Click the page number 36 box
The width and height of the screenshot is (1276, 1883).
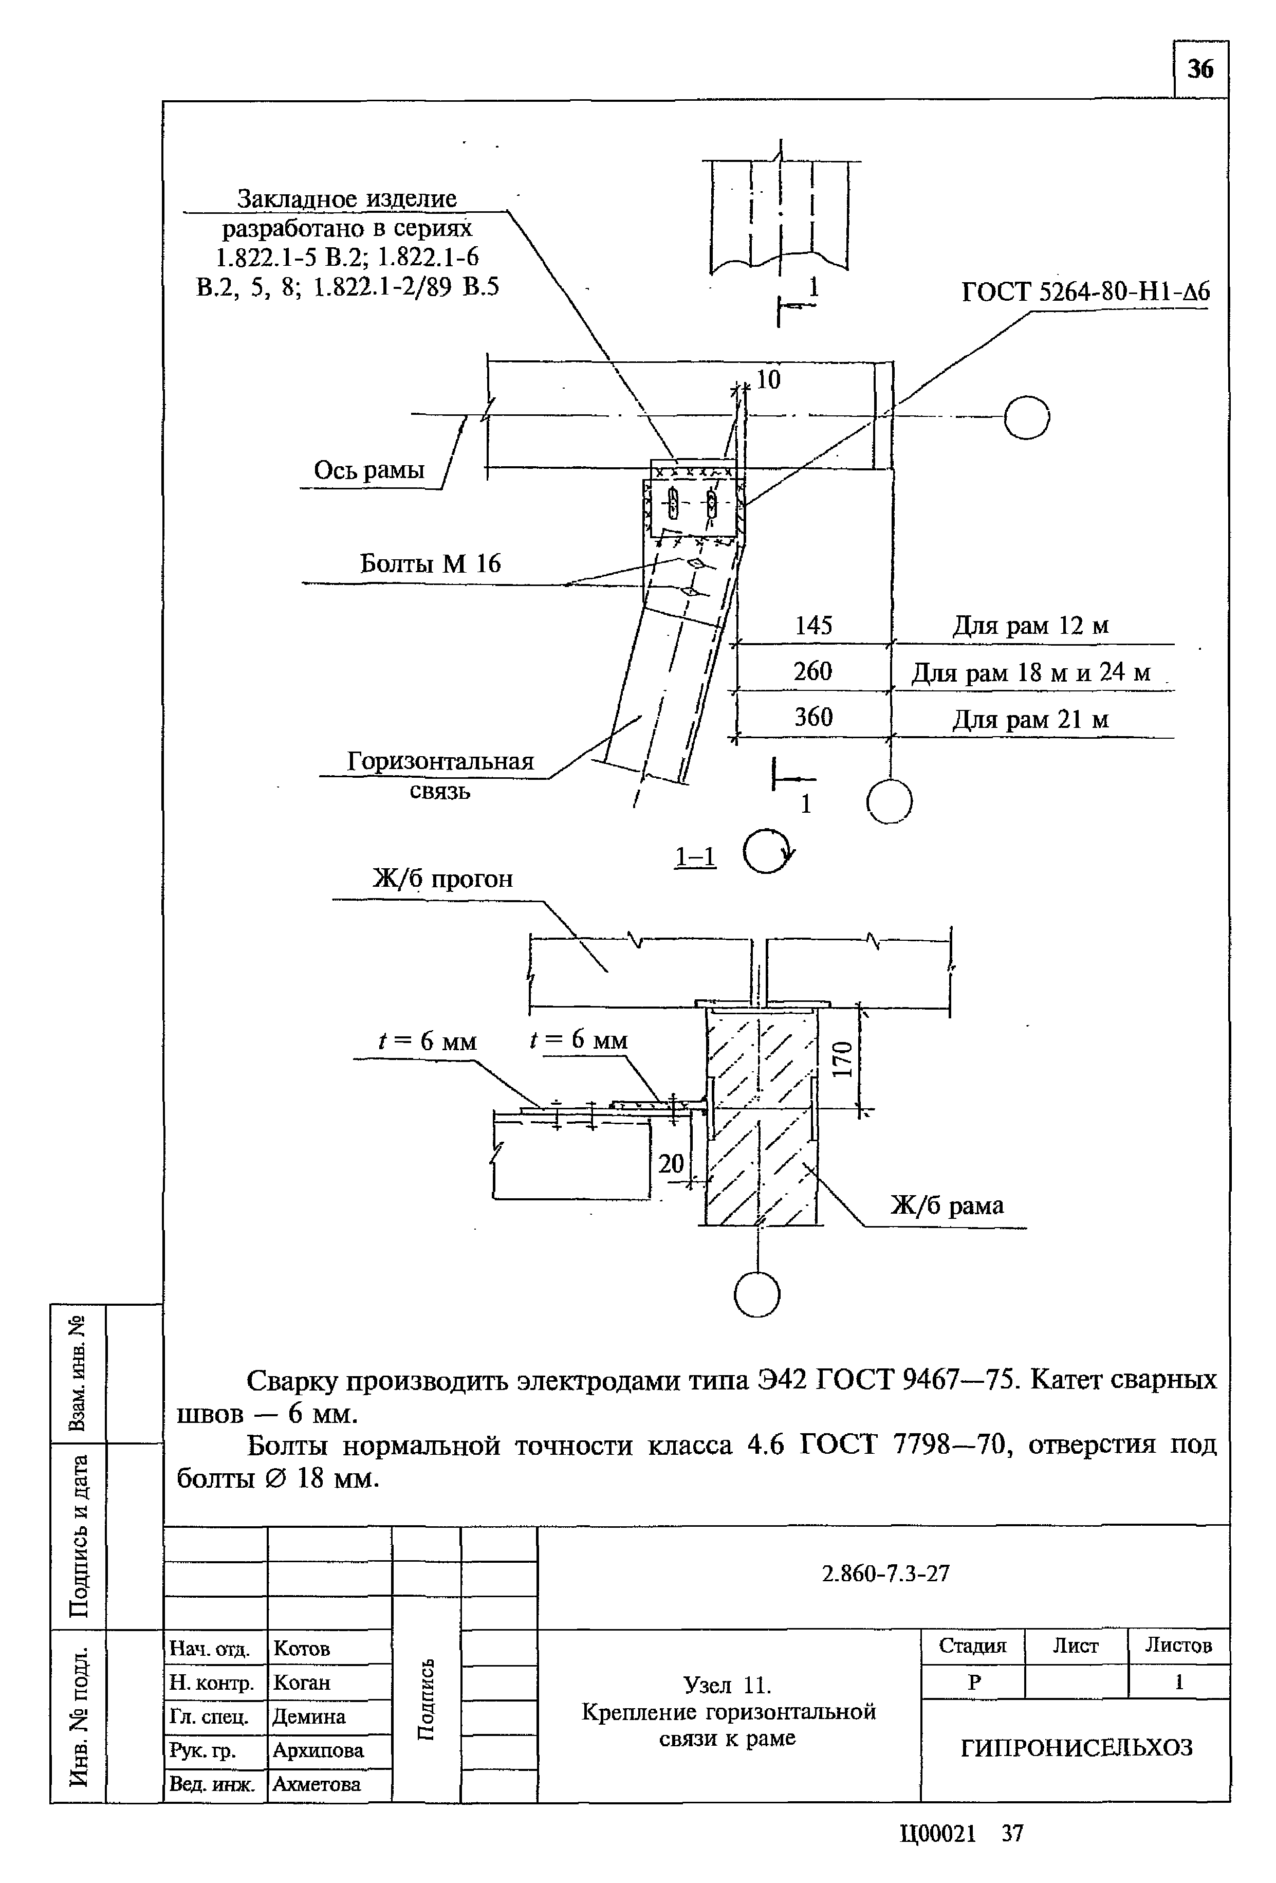[1200, 70]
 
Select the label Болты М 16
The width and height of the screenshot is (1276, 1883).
[430, 564]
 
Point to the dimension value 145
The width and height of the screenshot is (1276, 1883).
[813, 626]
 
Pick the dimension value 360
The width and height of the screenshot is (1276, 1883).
[813, 717]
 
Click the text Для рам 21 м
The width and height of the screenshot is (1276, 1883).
[1030, 720]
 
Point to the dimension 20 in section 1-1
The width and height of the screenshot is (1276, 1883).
[671, 1163]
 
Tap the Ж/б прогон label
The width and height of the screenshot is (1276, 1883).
[442, 879]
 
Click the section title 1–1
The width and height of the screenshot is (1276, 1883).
[696, 857]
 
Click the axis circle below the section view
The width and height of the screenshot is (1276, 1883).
[756, 1295]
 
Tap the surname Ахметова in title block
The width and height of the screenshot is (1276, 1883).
[317, 1784]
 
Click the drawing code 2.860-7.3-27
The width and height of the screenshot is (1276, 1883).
[885, 1574]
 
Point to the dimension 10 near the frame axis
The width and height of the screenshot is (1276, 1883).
[767, 380]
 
